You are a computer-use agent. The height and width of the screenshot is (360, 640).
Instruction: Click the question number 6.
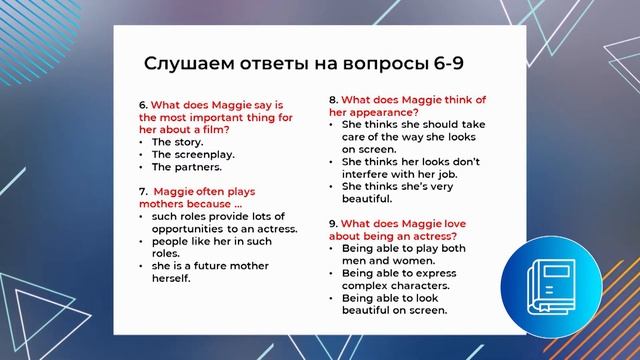(142, 104)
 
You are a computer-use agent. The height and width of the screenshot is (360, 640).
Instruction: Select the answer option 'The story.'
(178, 141)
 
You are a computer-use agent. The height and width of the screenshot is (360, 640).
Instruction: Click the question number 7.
(142, 191)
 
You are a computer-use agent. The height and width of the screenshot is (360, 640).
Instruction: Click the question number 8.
(333, 100)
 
